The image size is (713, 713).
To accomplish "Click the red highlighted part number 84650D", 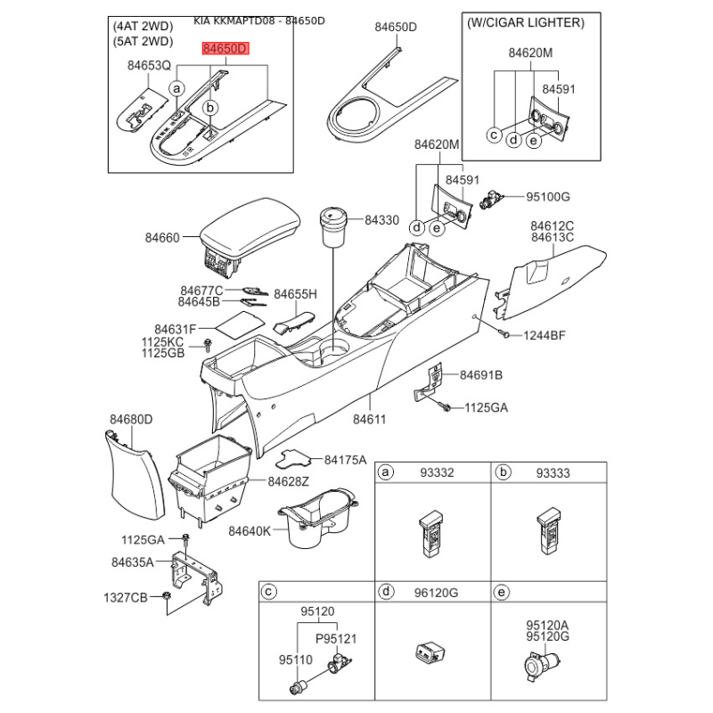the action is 226,49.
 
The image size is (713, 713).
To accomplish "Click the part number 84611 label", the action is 369,419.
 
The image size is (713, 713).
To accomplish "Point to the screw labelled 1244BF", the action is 504,334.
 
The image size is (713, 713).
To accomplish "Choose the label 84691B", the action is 480,375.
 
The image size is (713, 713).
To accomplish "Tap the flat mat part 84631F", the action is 239,324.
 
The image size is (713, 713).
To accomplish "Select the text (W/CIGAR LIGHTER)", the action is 526,23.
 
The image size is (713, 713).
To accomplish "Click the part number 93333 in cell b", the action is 553,473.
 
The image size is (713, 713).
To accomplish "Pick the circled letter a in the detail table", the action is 386,472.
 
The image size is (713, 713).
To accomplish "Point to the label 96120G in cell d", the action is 436,593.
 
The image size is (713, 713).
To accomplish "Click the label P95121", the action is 336,638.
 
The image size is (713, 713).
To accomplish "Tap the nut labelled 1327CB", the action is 167,595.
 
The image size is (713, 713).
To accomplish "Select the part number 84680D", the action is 131,419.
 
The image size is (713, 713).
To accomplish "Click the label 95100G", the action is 548,197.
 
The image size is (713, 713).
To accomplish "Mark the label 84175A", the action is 345,460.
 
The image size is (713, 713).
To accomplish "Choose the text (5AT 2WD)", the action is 143,41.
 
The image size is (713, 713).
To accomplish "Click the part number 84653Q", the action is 149,66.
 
